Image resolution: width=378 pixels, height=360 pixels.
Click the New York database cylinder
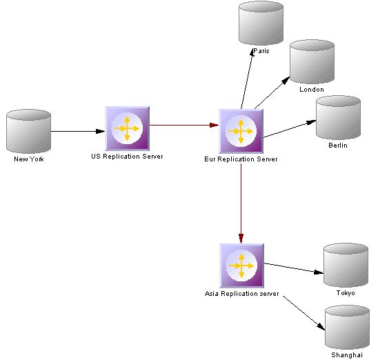coord(28,131)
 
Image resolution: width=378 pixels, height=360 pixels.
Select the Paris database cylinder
coord(261,23)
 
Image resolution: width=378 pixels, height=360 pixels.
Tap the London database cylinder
coord(312,61)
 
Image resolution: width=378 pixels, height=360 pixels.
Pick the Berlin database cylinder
coord(338,117)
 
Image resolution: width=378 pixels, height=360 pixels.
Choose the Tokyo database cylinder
coord(346,265)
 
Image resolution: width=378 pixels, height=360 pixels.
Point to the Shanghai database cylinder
coord(347,327)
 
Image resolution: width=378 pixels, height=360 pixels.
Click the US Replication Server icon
coord(128,128)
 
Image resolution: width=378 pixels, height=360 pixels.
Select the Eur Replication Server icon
coord(241,131)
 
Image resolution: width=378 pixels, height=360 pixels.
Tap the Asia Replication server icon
coord(242,266)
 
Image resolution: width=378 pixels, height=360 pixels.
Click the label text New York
coord(29,159)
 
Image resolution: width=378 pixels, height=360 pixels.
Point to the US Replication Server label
coord(127,157)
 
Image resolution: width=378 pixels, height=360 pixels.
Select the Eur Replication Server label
coord(241,159)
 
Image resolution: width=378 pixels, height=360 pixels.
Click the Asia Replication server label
coord(242,294)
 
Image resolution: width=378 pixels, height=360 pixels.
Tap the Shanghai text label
coord(347,355)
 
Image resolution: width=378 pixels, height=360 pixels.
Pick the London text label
coord(312,90)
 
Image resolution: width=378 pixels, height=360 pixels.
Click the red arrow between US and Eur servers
coord(184,125)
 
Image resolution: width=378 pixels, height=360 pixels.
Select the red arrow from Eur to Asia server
coord(241,203)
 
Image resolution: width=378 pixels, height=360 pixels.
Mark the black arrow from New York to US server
coord(78,131)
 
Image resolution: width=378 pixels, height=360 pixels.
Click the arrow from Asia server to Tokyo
coord(294,268)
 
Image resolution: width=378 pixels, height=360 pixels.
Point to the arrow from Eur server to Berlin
coord(290,129)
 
